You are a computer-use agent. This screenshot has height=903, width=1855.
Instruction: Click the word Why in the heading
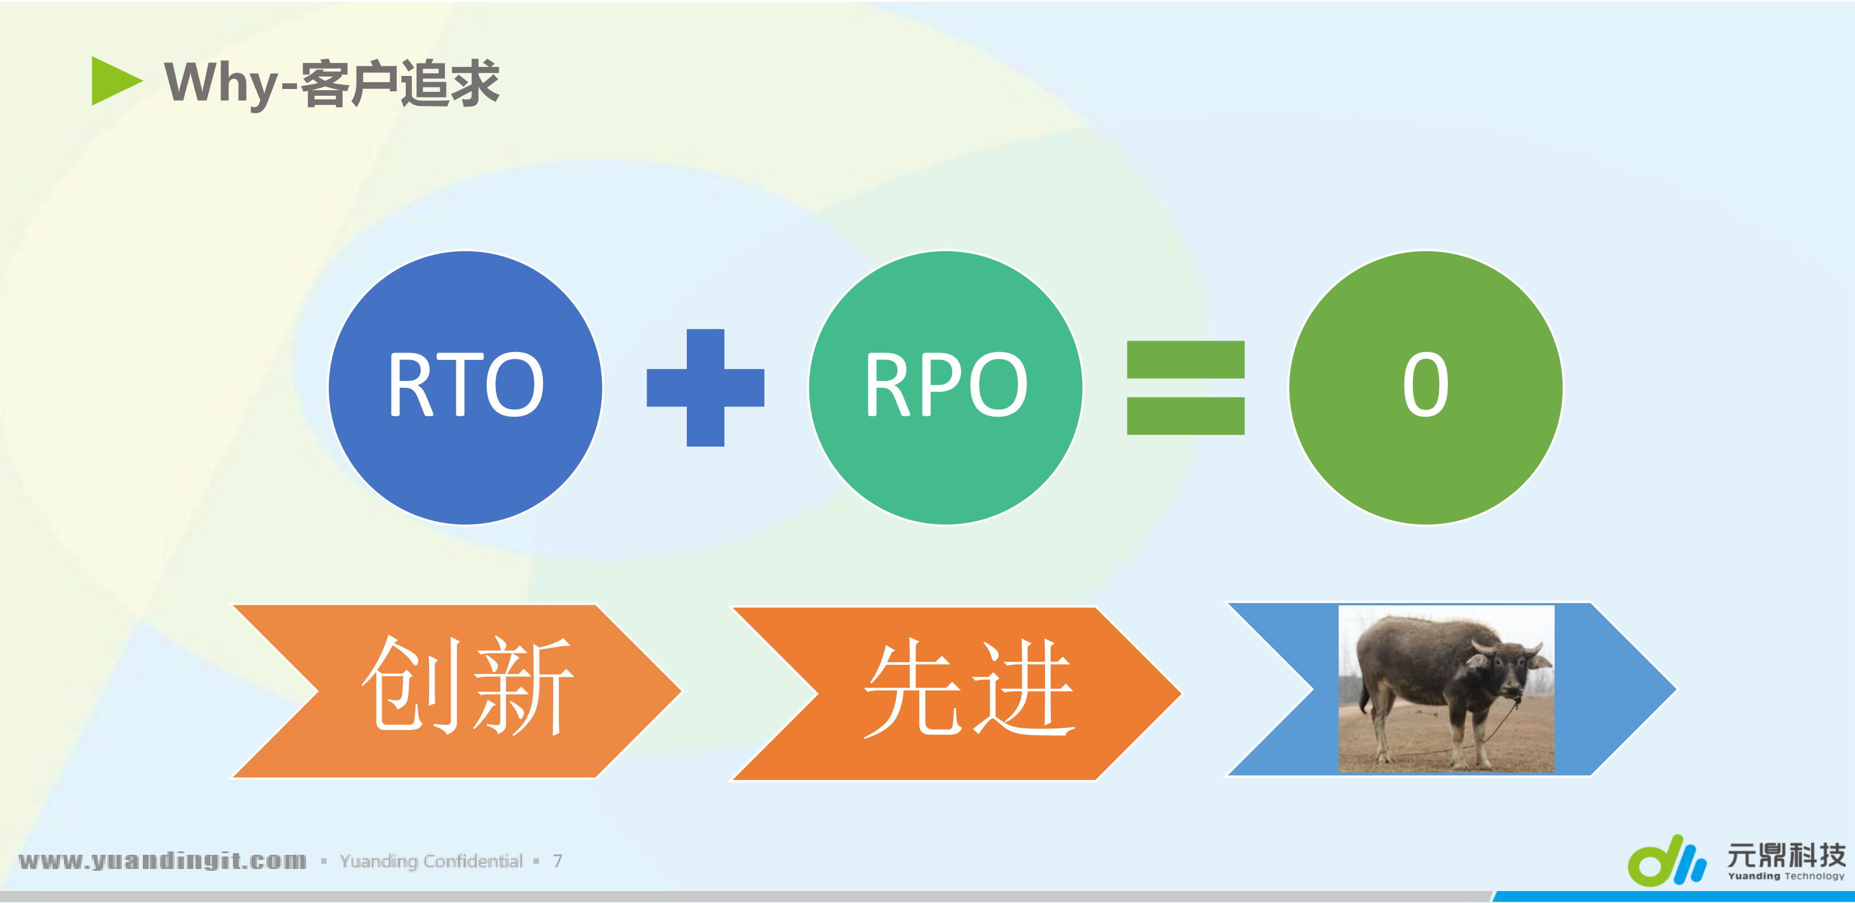point(220,83)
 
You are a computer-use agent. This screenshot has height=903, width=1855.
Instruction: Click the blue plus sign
point(705,387)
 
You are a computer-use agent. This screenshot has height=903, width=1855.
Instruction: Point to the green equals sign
point(1185,387)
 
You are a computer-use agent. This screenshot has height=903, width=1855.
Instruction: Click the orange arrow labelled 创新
point(461,690)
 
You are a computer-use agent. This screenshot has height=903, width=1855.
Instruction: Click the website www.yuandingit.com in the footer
point(163,860)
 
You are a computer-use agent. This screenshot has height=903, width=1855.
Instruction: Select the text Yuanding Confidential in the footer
point(431,861)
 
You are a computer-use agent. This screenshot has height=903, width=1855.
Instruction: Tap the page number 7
point(557,861)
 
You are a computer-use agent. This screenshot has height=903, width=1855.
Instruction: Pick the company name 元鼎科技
point(1786,855)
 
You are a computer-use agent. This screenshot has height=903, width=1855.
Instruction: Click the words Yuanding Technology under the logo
point(1786,876)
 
